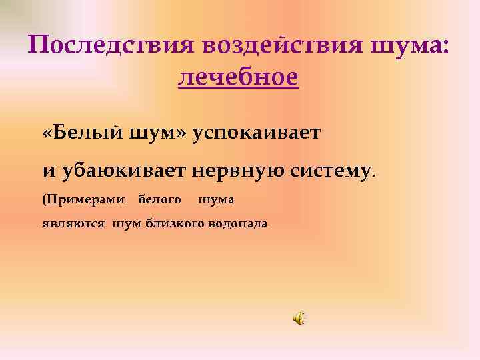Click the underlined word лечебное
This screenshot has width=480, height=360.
pyautogui.click(x=239, y=77)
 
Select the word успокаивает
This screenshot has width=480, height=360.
pyautogui.click(x=257, y=133)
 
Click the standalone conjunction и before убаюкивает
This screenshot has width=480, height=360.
pyautogui.click(x=48, y=170)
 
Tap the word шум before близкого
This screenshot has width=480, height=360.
pyautogui.click(x=127, y=224)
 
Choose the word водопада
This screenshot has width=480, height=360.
pyautogui.click(x=237, y=224)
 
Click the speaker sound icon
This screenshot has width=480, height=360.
pyautogui.click(x=299, y=319)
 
